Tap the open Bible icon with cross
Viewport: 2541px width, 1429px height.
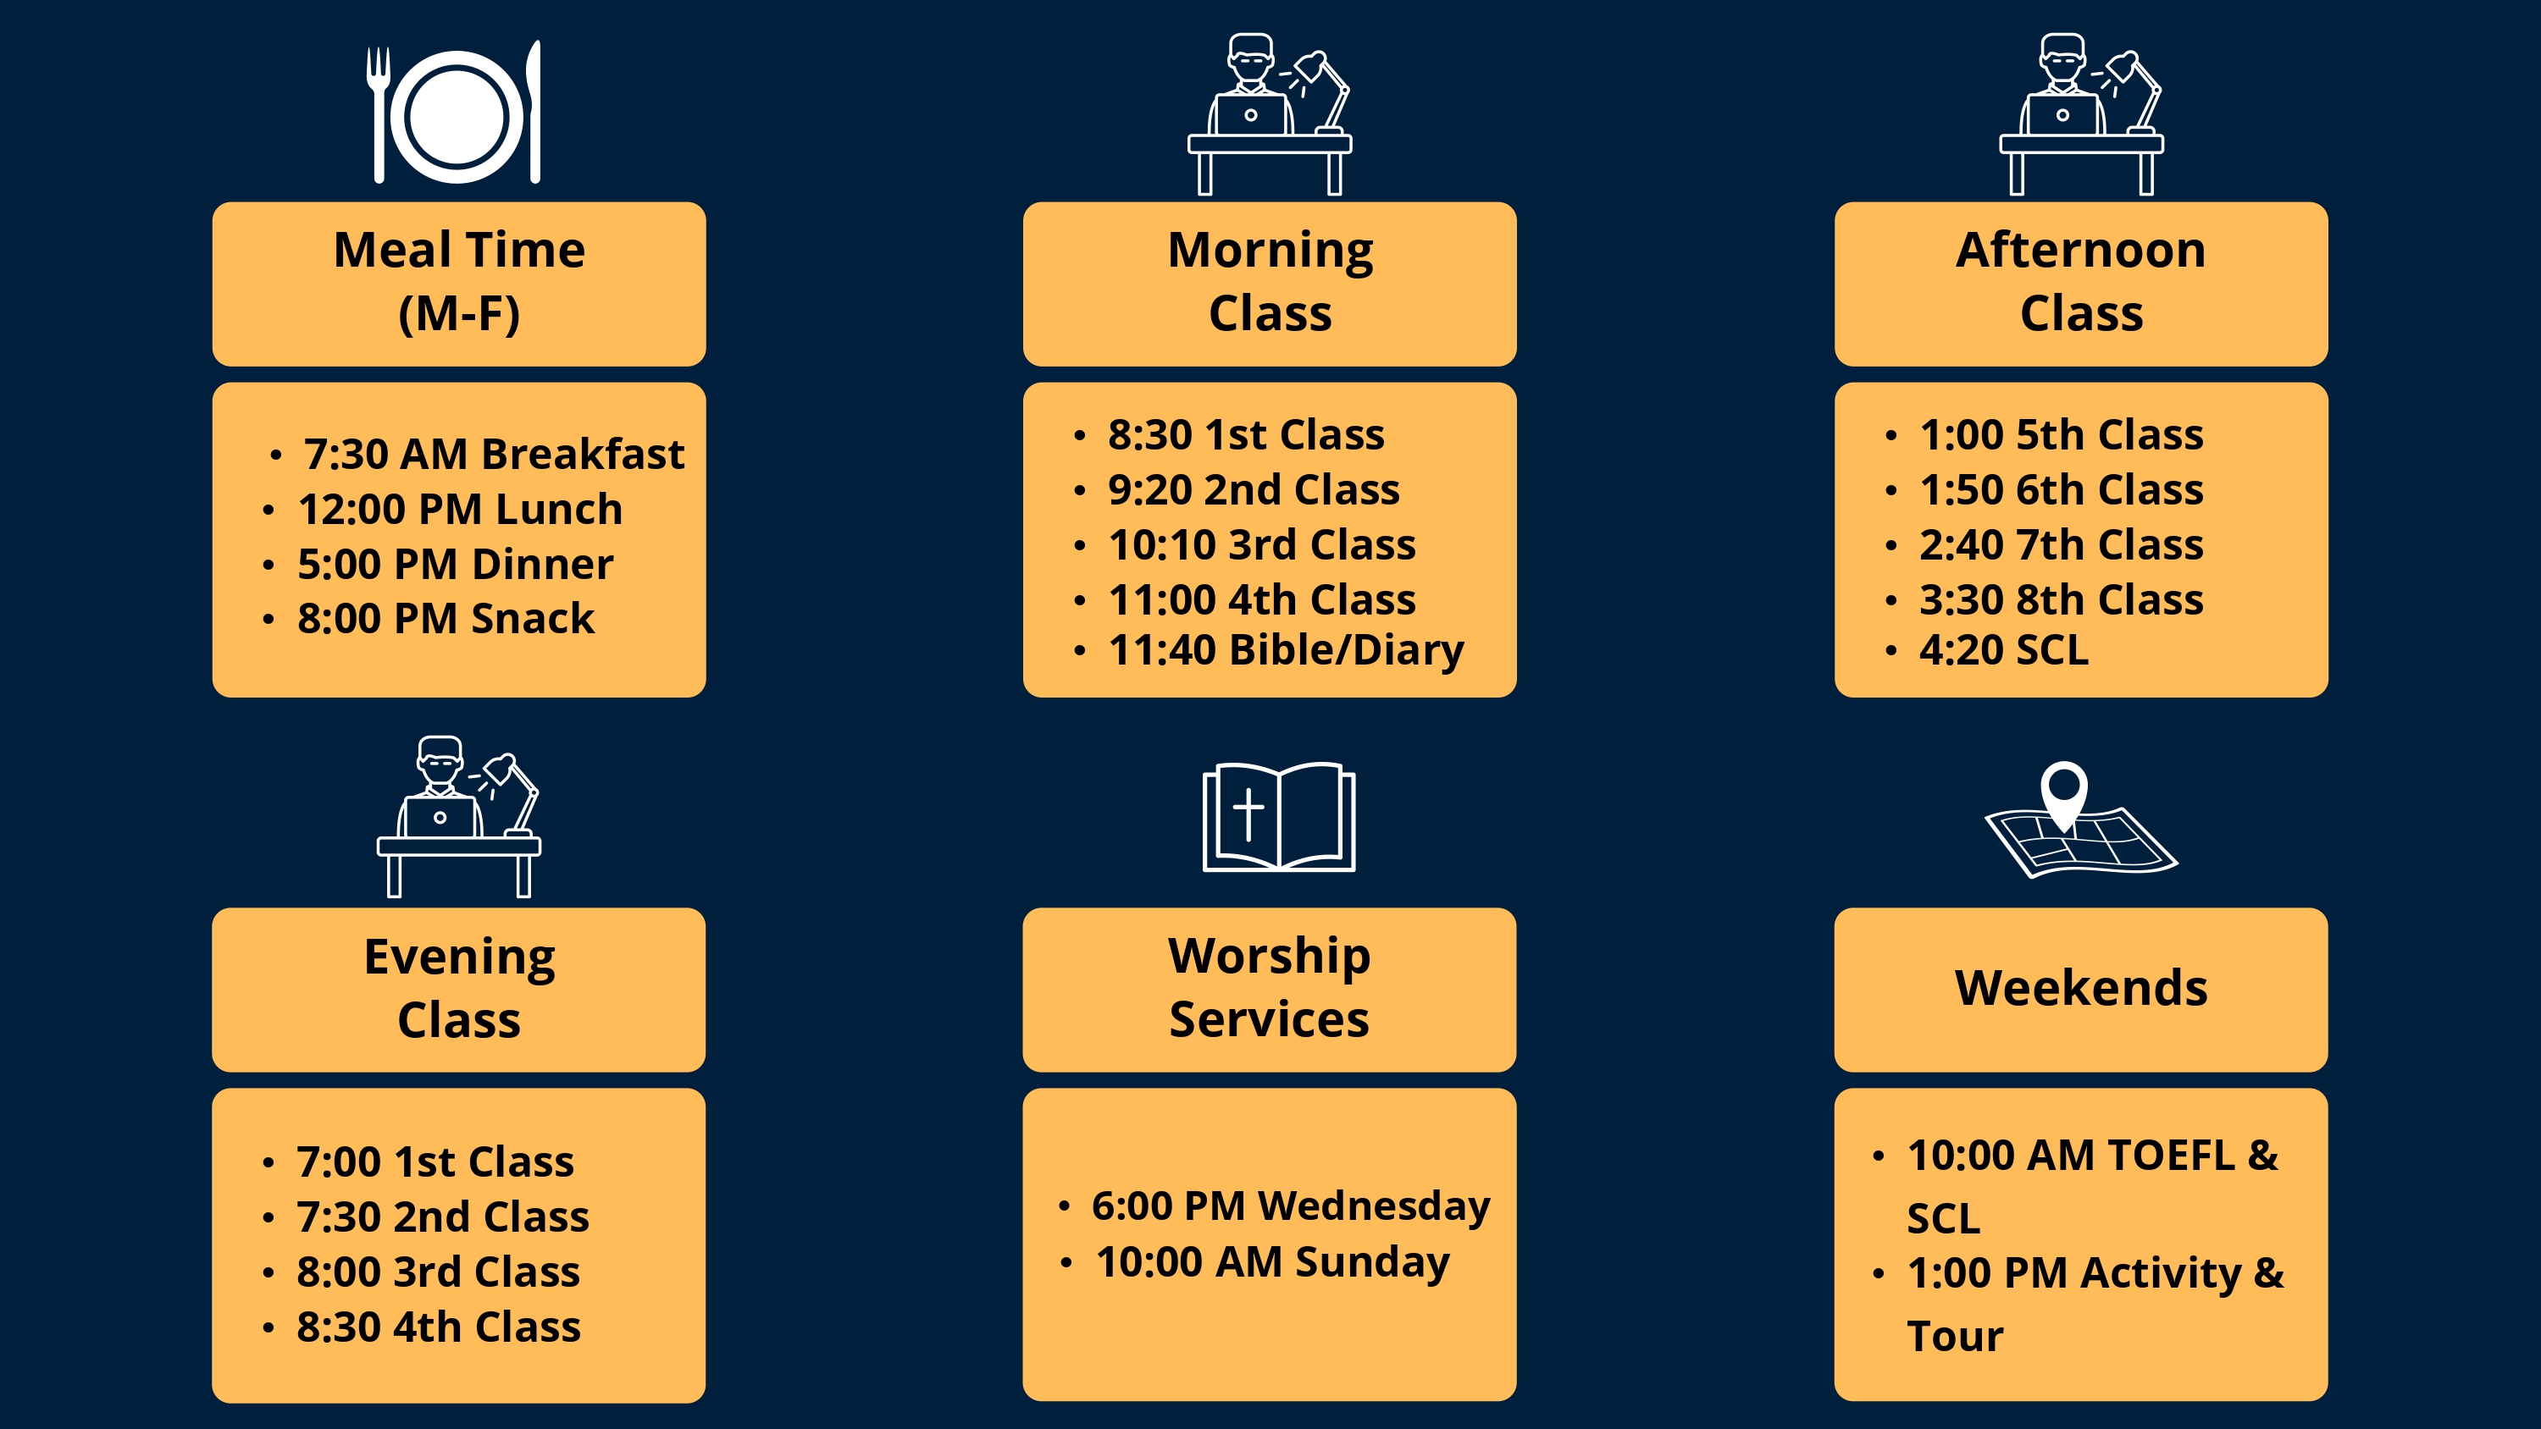1278,817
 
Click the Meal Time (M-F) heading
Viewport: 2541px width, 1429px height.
459,282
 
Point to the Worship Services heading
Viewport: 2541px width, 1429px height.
1270,987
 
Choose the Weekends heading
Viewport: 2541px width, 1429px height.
2081,988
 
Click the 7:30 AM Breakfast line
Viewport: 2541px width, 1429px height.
493,454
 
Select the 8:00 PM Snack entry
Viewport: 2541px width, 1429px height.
446,618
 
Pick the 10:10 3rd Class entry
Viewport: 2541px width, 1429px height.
1262,544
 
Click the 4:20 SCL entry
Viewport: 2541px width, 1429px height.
2003,650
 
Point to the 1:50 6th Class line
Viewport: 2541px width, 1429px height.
2061,489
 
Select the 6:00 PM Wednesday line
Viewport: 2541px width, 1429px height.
1290,1206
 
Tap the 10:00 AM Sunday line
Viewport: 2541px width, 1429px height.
1272,1262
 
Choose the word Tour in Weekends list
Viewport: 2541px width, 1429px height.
1955,1336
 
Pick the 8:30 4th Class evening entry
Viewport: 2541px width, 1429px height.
438,1327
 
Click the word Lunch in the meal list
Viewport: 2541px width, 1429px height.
558,509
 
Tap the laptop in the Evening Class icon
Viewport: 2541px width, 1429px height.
439,817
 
